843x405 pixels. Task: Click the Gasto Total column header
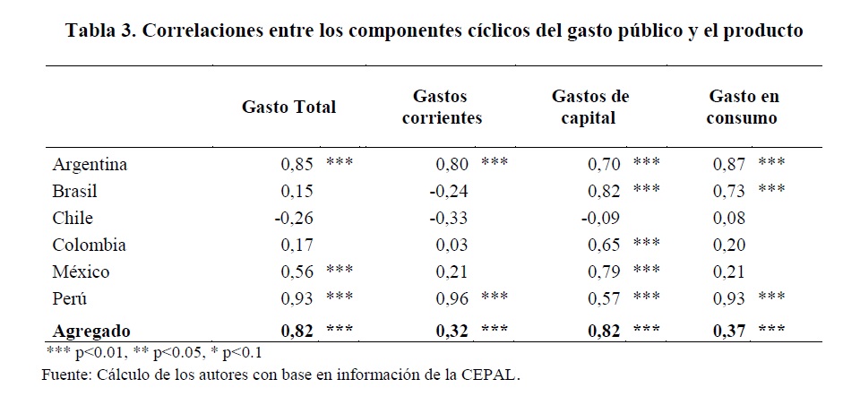(288, 107)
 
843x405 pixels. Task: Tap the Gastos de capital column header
(590, 107)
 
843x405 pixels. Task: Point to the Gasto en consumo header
(744, 107)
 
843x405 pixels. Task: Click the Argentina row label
(90, 165)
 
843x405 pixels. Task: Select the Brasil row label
(75, 192)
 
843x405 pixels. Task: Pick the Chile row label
(73, 218)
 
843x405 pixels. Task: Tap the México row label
(80, 271)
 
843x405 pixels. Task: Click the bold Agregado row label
(91, 330)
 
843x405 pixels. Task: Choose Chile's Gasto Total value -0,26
(295, 218)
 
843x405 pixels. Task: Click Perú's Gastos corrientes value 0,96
(452, 298)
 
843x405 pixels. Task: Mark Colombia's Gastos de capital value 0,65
(604, 245)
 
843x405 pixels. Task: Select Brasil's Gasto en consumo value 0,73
(729, 192)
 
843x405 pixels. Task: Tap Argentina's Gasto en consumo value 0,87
(729, 165)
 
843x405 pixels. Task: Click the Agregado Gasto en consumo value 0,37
(729, 330)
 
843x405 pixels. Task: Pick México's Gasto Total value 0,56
(297, 271)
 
